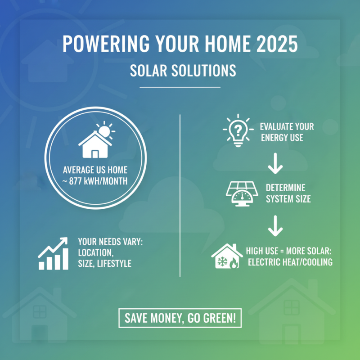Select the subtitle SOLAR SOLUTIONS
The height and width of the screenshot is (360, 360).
[x=180, y=71]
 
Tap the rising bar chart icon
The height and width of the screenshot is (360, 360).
[x=53, y=253]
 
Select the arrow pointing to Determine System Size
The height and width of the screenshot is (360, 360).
[x=274, y=167]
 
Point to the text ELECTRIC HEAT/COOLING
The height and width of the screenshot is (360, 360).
[x=290, y=262]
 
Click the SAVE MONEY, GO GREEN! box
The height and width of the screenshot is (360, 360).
[x=180, y=318]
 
